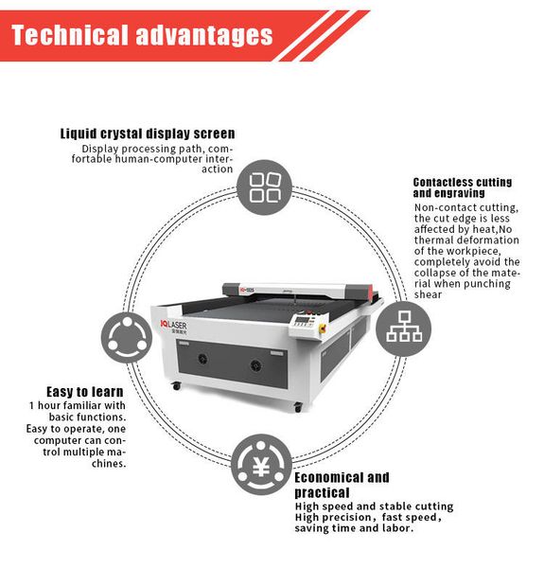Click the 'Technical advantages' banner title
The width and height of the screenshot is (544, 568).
point(142,36)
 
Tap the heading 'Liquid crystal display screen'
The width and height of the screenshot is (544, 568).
point(148,133)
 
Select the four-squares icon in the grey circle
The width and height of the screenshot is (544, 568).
point(265,187)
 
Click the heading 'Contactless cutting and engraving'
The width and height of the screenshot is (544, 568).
point(463,187)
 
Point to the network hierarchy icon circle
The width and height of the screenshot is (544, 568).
point(404,328)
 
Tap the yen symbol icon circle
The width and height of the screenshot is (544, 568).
point(261,465)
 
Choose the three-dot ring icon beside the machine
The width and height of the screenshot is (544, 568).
point(127,337)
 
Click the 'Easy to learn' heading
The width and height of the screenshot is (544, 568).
point(85,392)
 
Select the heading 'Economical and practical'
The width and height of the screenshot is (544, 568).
point(342,485)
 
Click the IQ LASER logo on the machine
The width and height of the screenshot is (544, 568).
point(174,326)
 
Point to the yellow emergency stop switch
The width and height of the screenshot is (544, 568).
point(322,328)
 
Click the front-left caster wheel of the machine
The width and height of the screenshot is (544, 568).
point(177,386)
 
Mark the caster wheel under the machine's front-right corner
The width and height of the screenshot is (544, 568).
point(298,407)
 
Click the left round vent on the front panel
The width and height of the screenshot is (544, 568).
point(202,359)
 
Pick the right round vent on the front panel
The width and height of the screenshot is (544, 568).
point(255,364)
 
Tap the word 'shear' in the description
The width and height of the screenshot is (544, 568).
point(428,294)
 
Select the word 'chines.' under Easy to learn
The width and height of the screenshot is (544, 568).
point(109,463)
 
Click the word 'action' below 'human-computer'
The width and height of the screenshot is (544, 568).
point(218,169)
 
